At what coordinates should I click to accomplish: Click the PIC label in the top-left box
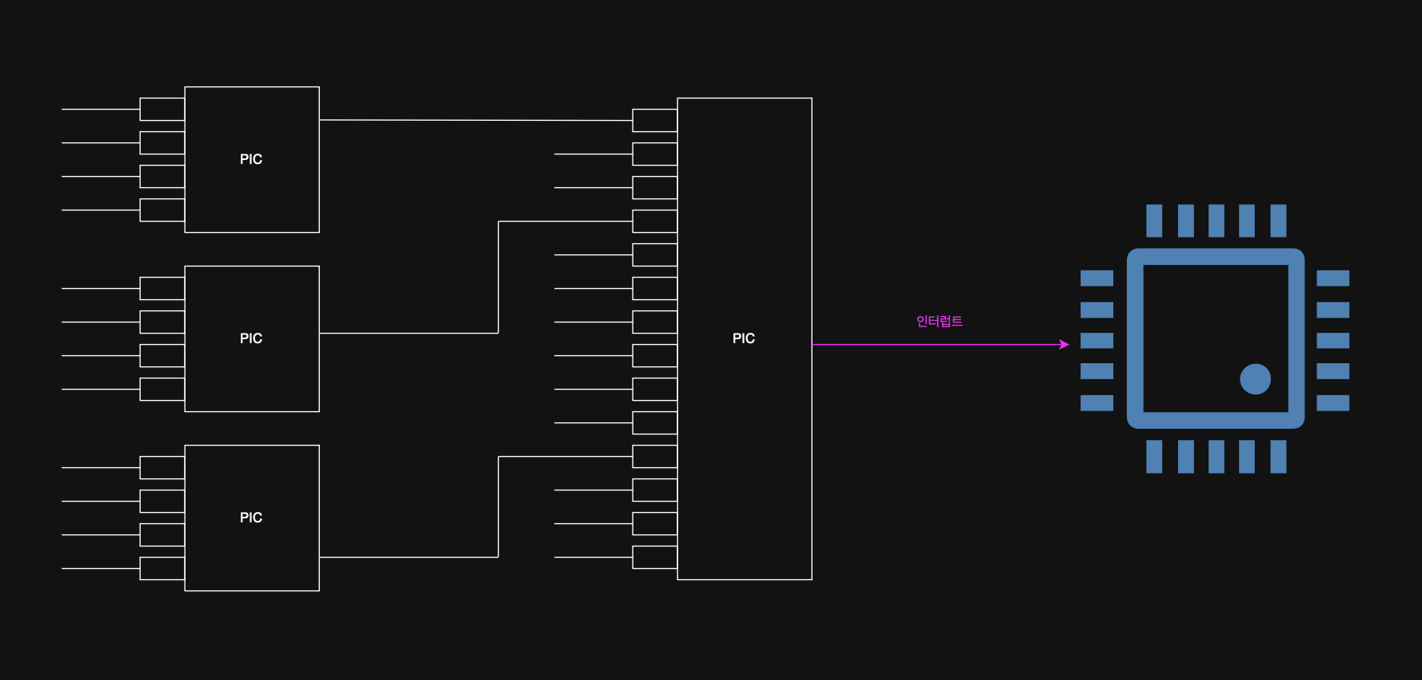pos(251,159)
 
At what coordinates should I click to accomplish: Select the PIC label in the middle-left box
pos(251,338)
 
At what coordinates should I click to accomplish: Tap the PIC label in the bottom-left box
pos(251,518)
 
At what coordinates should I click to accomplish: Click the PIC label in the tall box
pos(744,338)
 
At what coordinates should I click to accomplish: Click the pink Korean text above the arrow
pos(939,322)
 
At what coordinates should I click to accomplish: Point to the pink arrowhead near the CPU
pos(1065,345)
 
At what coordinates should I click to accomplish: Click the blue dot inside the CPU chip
pos(1255,379)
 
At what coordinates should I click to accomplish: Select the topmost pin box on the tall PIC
pos(654,121)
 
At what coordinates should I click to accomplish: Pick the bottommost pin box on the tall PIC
pos(654,558)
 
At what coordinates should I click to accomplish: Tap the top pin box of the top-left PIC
pos(162,110)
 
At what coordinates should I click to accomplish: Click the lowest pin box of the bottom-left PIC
pos(162,569)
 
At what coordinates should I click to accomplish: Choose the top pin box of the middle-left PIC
pos(162,289)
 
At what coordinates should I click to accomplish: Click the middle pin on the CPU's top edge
pos(1216,221)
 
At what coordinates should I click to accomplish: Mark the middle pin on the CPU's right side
pos(1332,341)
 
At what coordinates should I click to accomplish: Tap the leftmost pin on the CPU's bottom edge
pos(1154,457)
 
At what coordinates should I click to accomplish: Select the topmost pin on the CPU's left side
pos(1096,278)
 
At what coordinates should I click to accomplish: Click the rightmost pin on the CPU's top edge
pos(1278,221)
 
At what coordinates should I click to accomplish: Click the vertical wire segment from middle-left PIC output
pos(498,278)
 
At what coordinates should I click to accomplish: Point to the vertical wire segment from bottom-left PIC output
pos(498,507)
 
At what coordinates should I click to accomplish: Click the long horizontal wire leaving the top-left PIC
pos(476,120)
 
